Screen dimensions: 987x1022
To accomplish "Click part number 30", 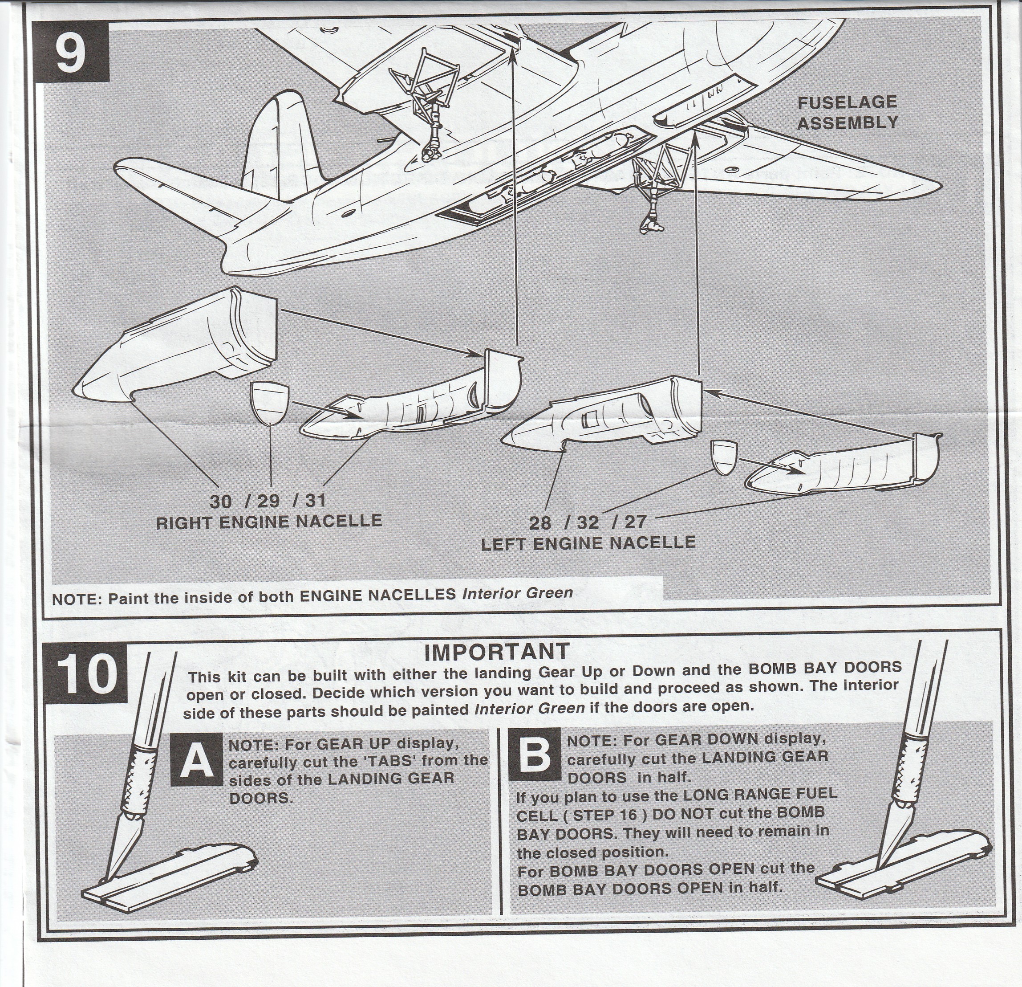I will (220, 502).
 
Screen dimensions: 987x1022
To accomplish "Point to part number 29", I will (268, 502).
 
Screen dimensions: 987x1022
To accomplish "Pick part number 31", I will (315, 501).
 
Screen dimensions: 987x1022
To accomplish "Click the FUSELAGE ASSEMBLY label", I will (848, 112).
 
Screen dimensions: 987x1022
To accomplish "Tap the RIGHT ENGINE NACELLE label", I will (268, 522).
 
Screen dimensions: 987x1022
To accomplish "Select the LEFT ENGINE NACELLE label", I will (588, 543).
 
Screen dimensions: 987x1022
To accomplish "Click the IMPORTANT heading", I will (496, 651).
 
